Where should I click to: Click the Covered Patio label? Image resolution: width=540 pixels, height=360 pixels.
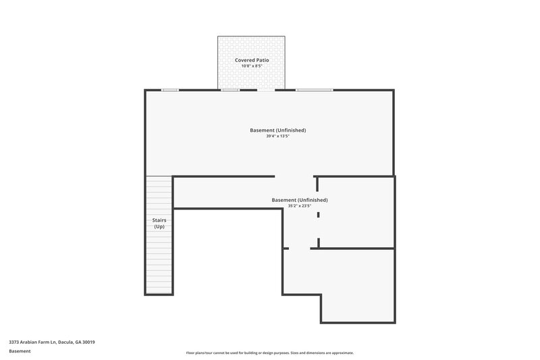pyautogui.click(x=252, y=60)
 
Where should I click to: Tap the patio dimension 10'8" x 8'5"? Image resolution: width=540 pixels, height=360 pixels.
pyautogui.click(x=252, y=66)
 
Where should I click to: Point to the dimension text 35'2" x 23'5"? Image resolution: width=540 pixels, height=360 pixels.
pyautogui.click(x=300, y=206)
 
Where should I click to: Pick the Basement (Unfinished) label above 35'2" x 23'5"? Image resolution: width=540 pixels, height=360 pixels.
pyautogui.click(x=300, y=200)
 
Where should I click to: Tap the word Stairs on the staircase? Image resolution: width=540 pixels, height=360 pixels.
pyautogui.click(x=159, y=220)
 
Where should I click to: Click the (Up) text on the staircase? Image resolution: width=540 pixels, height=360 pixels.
pyautogui.click(x=159, y=226)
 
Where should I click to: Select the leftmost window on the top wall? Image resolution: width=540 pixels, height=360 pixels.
pyautogui.click(x=169, y=89)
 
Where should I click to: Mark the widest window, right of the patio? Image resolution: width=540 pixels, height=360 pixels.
pyautogui.click(x=315, y=89)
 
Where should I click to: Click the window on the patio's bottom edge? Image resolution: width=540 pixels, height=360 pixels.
pyautogui.click(x=231, y=89)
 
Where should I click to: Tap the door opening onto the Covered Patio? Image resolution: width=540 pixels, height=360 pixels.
pyautogui.click(x=267, y=89)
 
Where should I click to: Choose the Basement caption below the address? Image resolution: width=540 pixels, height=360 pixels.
pyautogui.click(x=19, y=351)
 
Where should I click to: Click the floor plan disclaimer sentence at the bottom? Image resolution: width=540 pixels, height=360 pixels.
pyautogui.click(x=269, y=353)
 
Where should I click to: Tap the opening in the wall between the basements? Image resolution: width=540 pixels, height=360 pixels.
pyautogui.click(x=294, y=177)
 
